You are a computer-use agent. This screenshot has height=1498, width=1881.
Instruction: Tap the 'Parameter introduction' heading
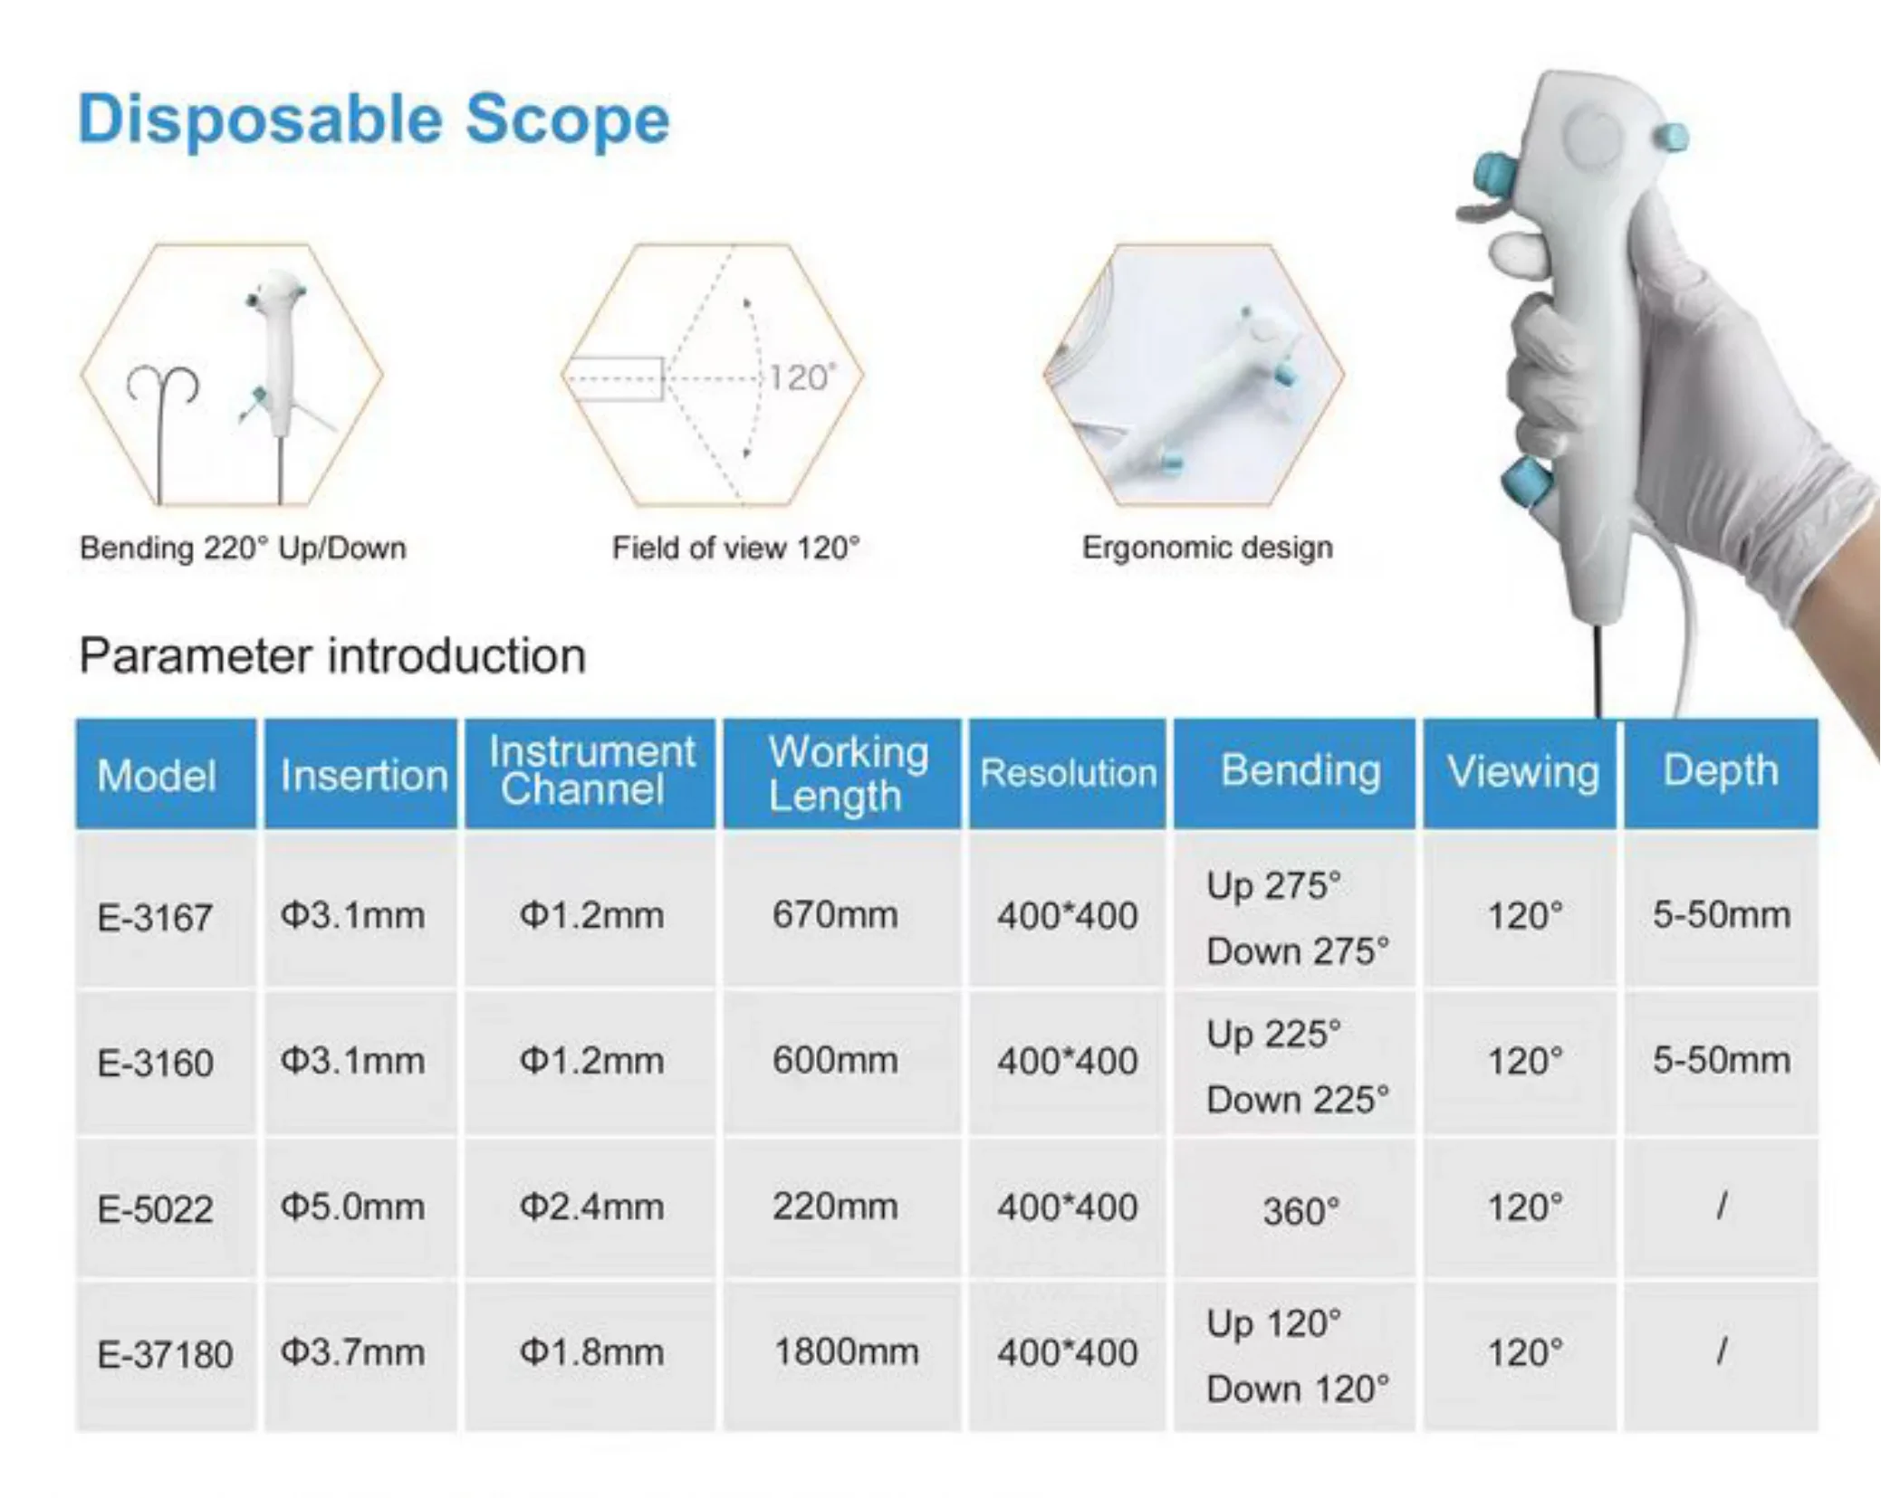coord(332,655)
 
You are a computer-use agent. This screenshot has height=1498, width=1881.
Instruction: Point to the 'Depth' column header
coord(1721,771)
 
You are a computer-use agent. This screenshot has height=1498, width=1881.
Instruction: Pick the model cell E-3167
coord(155,918)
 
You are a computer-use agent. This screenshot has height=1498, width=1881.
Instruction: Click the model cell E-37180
coord(165,1354)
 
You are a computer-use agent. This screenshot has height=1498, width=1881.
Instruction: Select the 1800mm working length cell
coord(846,1351)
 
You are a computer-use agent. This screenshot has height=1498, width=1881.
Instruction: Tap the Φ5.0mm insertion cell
coord(352,1207)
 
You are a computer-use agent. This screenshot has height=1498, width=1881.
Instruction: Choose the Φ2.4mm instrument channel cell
coord(591,1207)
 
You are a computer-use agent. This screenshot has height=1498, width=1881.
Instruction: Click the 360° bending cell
coord(1300,1211)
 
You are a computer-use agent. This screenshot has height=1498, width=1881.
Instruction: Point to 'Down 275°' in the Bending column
coord(1298,951)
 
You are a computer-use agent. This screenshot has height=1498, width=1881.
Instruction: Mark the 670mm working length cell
coord(835,914)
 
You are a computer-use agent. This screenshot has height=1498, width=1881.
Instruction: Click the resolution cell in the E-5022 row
coord(1068,1207)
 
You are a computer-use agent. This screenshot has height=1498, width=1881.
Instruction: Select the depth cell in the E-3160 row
coord(1722,1060)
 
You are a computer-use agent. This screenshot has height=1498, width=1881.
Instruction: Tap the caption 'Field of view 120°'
coord(735,548)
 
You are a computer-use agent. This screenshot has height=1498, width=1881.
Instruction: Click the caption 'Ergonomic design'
coord(1207,548)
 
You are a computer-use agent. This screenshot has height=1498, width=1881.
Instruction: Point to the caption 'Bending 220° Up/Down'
coord(243,549)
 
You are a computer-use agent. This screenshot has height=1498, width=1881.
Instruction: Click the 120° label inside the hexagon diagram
coord(803,377)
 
